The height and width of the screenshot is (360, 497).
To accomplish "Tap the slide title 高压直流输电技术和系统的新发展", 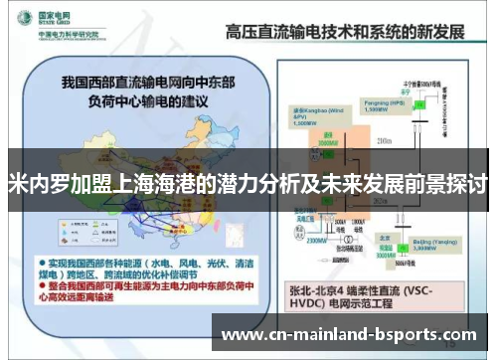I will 345,31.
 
